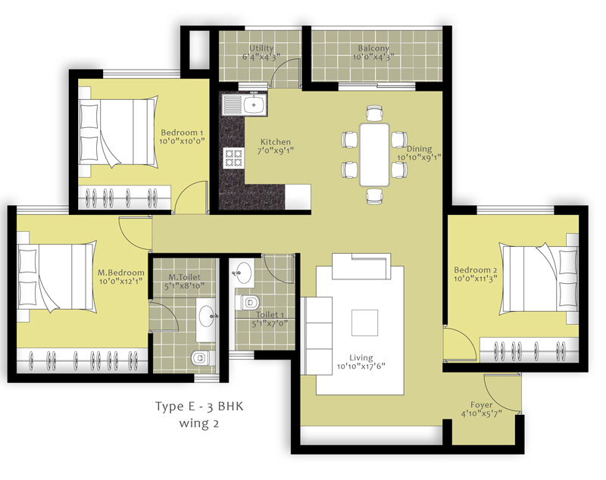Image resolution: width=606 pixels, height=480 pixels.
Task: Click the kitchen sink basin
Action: [x=254, y=104]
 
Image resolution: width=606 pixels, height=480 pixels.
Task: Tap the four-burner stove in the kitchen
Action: [x=234, y=158]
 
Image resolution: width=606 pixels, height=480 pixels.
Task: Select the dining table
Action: [x=374, y=154]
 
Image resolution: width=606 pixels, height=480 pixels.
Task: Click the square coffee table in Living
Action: [x=365, y=323]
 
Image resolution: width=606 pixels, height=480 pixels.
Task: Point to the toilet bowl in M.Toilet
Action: [x=202, y=358]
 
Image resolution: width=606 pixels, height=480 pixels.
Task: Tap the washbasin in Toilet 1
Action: [x=242, y=272]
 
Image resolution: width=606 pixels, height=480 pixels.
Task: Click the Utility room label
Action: [x=261, y=48]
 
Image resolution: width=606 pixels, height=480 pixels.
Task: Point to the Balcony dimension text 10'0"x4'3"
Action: [x=373, y=57]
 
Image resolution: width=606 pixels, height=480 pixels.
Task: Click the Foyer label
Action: [x=481, y=405]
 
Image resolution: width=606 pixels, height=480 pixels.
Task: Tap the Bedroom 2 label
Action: [x=476, y=270]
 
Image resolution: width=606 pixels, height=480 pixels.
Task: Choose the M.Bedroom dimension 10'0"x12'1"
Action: [x=121, y=281]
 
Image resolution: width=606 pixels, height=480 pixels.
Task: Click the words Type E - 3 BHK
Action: [x=199, y=407]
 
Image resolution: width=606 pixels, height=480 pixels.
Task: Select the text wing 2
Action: [x=199, y=423]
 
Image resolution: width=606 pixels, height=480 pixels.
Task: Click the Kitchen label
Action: [x=275, y=142]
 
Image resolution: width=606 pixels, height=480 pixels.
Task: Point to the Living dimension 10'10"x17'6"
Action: [x=361, y=366]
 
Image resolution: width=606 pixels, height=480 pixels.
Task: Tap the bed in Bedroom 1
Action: [x=118, y=132]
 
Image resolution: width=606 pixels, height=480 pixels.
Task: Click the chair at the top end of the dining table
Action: [x=374, y=113]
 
